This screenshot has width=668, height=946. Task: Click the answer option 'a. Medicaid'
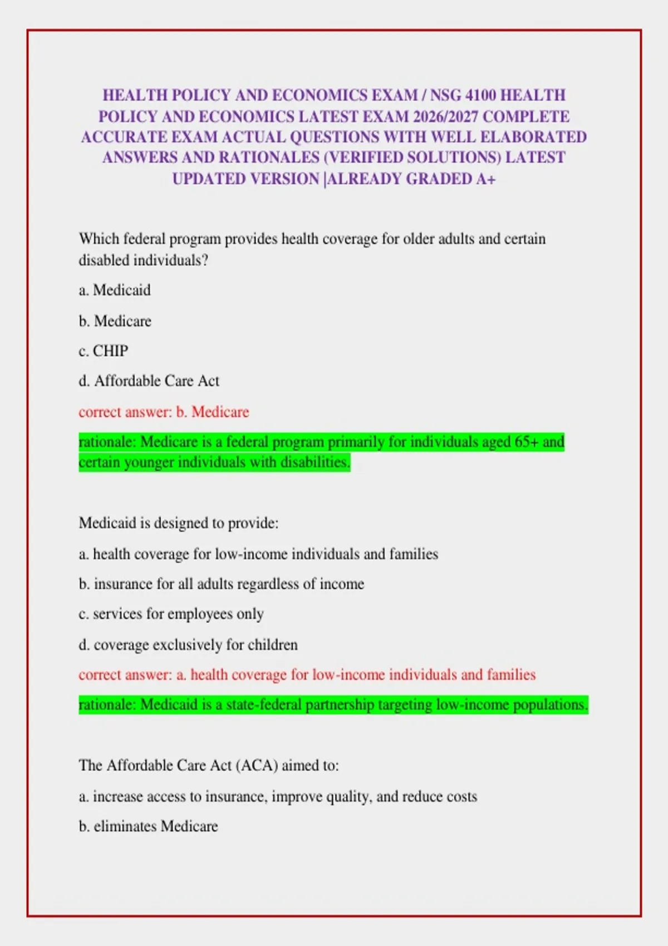[115, 290]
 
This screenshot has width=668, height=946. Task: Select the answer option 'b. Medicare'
[115, 321]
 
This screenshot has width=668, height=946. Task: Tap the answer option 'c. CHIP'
[104, 351]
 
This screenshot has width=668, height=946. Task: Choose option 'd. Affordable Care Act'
[149, 381]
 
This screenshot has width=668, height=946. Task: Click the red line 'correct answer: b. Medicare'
[164, 412]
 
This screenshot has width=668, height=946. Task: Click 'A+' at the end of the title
[485, 179]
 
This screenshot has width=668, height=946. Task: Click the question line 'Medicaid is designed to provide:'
[178, 523]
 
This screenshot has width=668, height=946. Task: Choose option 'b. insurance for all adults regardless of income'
[222, 584]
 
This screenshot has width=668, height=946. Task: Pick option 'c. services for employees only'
[171, 614]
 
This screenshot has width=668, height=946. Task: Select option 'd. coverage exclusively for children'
[188, 645]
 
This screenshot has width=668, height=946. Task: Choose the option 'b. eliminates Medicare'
[148, 826]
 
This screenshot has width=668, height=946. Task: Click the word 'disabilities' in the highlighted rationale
[315, 462]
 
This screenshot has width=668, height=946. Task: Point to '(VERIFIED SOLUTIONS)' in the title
[412, 158]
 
